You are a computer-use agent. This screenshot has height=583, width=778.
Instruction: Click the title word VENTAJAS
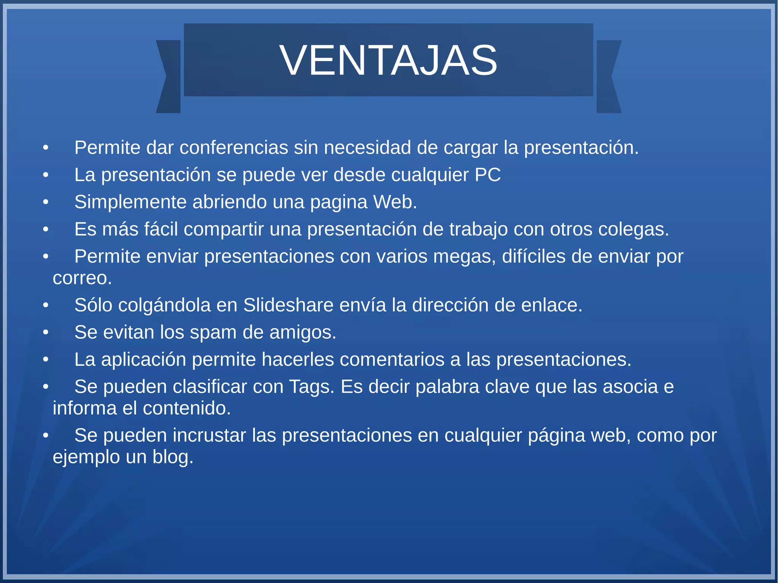pyautogui.click(x=388, y=60)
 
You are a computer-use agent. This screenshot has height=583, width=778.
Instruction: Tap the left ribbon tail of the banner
pyautogui.click(x=169, y=76)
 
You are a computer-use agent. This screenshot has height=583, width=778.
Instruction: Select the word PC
pyautogui.click(x=487, y=175)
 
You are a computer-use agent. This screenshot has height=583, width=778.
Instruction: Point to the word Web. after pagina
pyautogui.click(x=395, y=202)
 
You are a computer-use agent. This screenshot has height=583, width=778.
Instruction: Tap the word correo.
pyautogui.click(x=82, y=278)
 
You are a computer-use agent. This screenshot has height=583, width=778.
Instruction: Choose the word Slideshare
pyautogui.click(x=288, y=305)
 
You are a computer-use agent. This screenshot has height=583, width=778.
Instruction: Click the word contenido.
pyautogui.click(x=187, y=409)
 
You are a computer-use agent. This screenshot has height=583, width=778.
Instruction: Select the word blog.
pyautogui.click(x=173, y=457)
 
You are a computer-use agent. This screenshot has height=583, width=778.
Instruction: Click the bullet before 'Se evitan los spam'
pyautogui.click(x=46, y=333)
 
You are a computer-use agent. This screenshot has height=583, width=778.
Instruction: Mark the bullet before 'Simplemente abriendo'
pyautogui.click(x=46, y=202)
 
